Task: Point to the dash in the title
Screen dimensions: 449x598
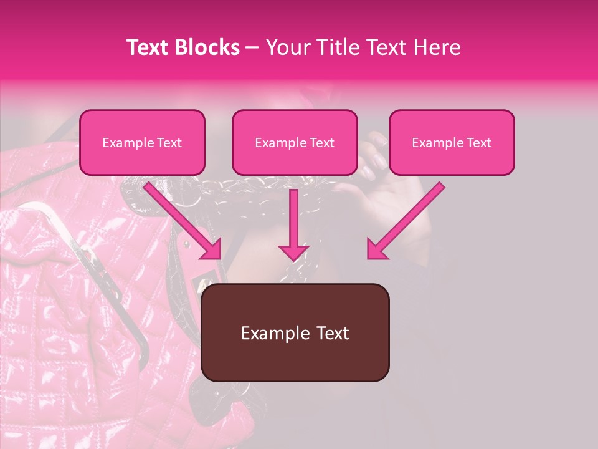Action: [252, 48]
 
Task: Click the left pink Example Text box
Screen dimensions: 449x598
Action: [142, 143]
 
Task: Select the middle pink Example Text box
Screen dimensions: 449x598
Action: [295, 143]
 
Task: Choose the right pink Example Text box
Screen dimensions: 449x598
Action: [452, 143]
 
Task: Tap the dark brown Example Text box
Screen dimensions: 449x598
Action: [295, 333]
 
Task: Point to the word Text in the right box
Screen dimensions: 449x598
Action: [478, 143]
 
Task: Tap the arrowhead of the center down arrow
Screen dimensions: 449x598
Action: [293, 252]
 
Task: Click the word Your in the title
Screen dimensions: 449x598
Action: [284, 47]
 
